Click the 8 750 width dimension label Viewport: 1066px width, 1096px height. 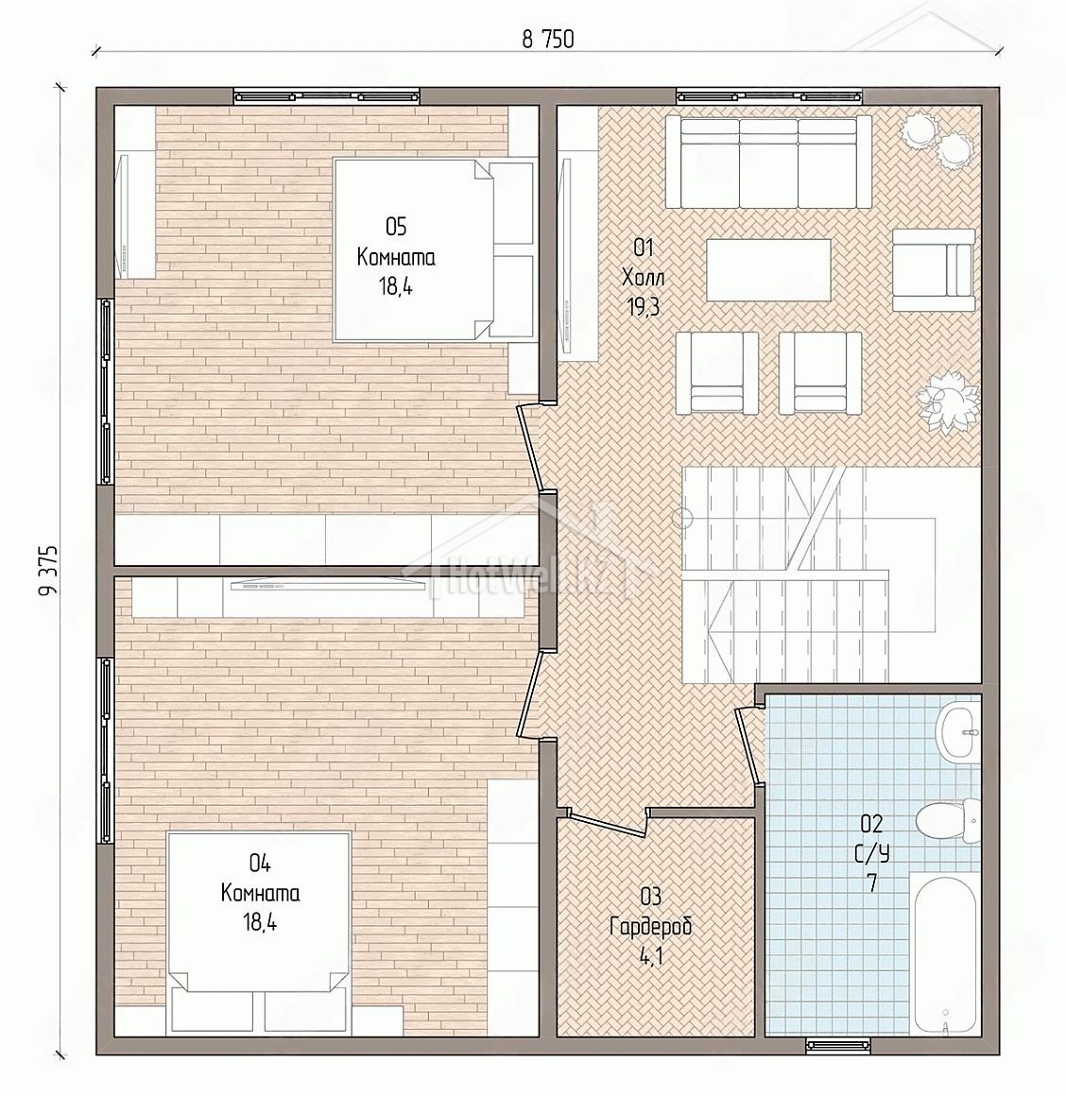548,40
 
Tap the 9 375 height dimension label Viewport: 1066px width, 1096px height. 47,570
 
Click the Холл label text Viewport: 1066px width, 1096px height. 643,278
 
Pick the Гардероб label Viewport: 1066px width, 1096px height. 651,926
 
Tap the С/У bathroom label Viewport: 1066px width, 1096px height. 871,853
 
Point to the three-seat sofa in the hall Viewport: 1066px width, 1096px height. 768,163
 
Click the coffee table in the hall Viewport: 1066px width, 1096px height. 768,270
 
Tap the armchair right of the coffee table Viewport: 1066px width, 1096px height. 933,270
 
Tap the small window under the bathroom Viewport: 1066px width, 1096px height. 837,1046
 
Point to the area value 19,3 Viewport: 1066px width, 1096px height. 644,307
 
